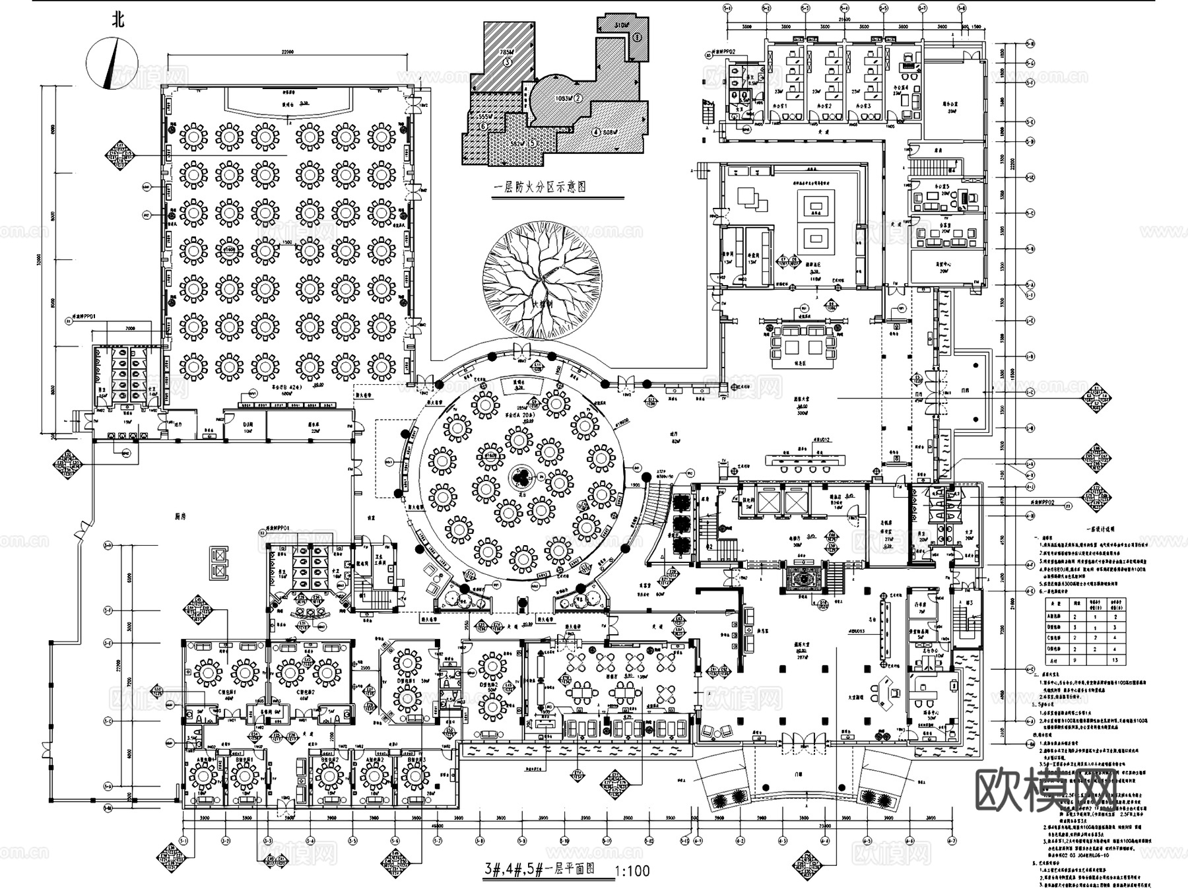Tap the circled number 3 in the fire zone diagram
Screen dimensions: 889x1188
point(507,63)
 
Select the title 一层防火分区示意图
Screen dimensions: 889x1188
point(541,187)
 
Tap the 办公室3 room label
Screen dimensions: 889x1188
point(863,106)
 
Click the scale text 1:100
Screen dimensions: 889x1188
point(632,871)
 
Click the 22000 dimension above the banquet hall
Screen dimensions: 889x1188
point(286,52)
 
